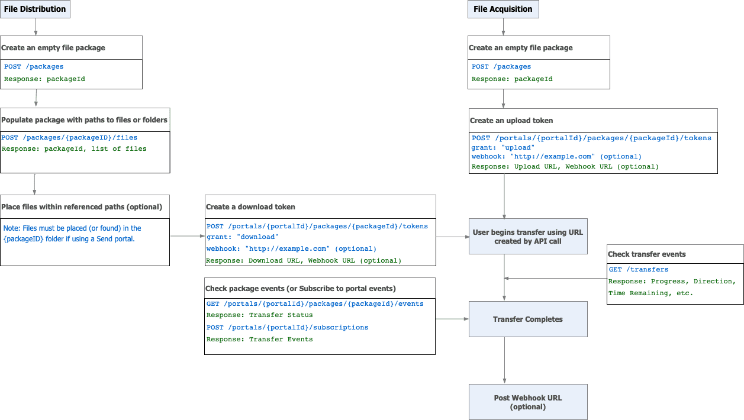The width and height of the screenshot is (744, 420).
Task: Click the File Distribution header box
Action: pos(35,9)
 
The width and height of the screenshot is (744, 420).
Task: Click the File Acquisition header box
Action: pos(503,9)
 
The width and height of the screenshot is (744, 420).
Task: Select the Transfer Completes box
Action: pos(528,319)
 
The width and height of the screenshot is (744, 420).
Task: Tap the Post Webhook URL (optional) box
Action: pos(528,402)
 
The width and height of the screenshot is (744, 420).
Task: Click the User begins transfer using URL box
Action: pos(528,237)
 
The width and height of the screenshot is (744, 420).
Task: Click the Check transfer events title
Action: pos(647,254)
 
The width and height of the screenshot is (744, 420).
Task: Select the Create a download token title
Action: pos(250,207)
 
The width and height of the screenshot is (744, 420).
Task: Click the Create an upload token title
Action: pos(511,120)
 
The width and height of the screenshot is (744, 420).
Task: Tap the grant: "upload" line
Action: pos(503,147)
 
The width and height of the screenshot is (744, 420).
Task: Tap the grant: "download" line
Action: pos(243,237)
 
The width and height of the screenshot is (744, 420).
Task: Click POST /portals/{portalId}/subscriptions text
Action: pos(287,327)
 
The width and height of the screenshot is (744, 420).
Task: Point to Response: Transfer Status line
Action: pos(259,315)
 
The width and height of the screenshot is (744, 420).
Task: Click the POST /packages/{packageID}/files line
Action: pos(69,137)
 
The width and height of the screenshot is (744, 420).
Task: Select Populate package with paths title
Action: pos(84,119)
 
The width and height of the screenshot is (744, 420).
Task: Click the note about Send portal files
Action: pos(72,233)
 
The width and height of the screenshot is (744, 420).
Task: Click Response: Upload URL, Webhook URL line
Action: pos(565,166)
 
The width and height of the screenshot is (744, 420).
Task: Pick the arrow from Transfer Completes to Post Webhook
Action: pos(504,361)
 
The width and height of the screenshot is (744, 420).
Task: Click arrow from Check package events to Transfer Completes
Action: pos(452,319)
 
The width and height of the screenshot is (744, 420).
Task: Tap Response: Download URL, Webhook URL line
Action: pos(304,260)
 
